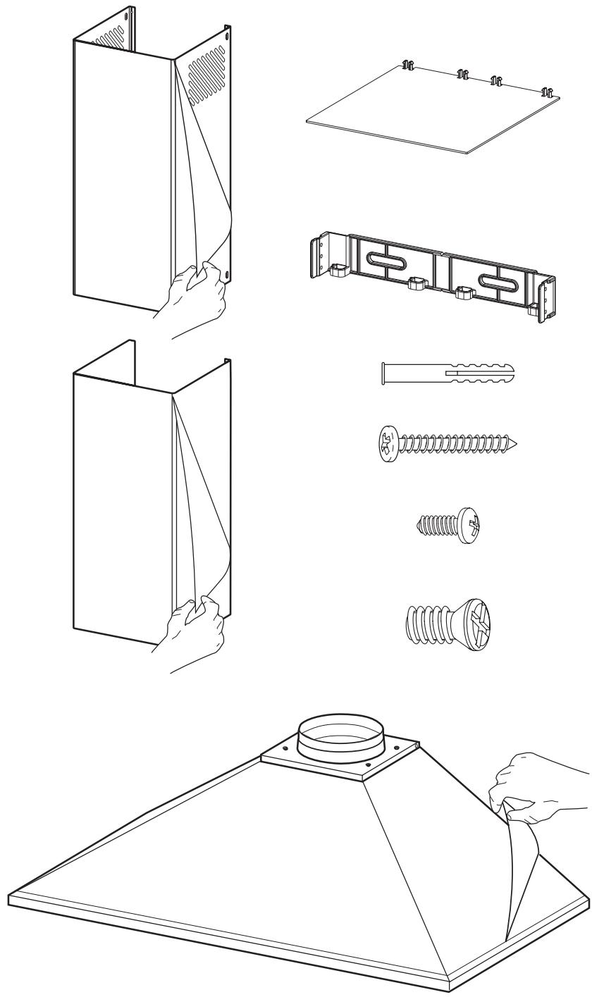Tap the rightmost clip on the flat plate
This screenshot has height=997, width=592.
coord(546,92)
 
